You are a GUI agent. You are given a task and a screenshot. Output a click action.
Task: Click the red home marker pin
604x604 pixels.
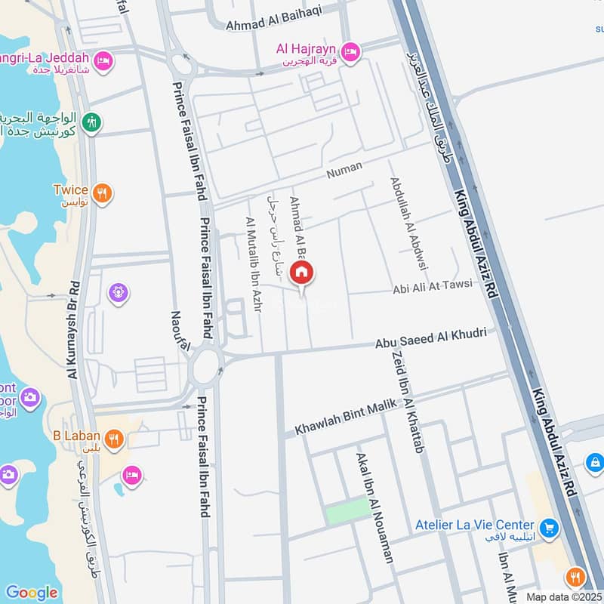302,273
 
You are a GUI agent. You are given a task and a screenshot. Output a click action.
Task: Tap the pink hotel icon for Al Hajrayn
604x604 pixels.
350,51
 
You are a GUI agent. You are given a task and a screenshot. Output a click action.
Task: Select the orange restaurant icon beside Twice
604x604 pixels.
103,193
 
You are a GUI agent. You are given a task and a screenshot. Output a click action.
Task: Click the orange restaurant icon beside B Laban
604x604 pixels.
113,439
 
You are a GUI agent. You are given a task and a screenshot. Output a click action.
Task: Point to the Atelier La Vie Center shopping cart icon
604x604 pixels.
549,525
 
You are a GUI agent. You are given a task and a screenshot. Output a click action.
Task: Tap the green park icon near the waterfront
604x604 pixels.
92,122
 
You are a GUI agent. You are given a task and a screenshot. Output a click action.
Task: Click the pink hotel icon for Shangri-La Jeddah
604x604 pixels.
103,60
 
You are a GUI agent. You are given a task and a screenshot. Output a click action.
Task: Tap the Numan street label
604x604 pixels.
344,171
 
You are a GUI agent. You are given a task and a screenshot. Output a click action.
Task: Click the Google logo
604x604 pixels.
32,593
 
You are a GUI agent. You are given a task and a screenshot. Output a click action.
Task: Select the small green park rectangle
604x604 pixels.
348,513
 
